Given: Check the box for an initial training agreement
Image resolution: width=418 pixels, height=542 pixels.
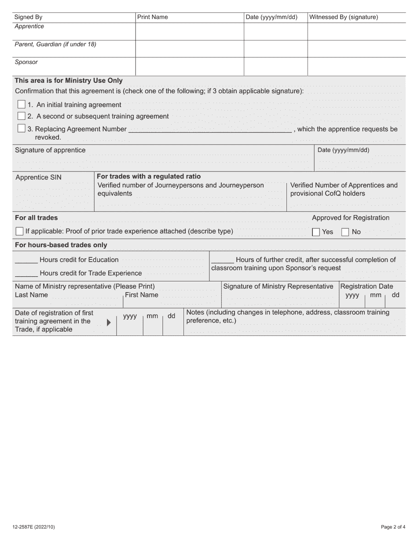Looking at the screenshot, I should click(x=21, y=104).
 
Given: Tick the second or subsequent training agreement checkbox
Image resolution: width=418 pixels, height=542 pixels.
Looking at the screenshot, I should click(x=21, y=116).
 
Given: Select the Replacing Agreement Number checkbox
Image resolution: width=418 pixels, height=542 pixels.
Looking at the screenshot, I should click(x=21, y=129).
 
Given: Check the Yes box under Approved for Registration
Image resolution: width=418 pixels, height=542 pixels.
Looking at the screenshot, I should click(x=316, y=232).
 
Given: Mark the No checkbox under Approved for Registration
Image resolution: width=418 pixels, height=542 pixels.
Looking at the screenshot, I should click(x=345, y=232).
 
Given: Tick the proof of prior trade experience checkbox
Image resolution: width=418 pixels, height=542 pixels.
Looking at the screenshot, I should click(x=19, y=231).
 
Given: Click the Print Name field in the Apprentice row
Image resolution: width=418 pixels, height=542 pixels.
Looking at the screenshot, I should click(x=190, y=31).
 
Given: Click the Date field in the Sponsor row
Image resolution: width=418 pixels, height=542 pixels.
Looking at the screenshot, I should click(x=275, y=67).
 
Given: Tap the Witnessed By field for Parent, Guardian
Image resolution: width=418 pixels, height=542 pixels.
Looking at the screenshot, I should click(x=356, y=49).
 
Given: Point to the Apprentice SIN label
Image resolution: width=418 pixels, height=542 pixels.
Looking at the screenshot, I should click(x=39, y=178).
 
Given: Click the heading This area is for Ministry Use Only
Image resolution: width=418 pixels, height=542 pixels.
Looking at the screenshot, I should click(x=69, y=81).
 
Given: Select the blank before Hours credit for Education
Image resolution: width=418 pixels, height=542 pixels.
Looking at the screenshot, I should click(x=26, y=260).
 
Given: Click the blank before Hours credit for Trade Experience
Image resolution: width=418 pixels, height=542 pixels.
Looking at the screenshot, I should click(x=26, y=274).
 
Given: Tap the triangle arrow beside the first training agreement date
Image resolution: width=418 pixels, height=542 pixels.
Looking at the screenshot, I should click(x=109, y=323).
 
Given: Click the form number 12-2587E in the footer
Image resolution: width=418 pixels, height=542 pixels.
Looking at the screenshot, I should click(x=34, y=527).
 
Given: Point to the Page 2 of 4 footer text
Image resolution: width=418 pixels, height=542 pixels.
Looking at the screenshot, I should click(x=393, y=527).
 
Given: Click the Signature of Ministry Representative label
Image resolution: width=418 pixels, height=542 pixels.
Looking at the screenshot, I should click(x=278, y=286).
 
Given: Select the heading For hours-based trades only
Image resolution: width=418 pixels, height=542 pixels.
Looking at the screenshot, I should click(x=61, y=245).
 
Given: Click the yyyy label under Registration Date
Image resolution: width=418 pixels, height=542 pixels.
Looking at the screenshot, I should click(x=352, y=295).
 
